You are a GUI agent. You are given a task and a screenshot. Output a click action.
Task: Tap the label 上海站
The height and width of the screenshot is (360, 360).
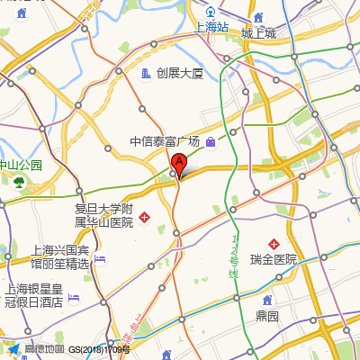[x=212, y=27]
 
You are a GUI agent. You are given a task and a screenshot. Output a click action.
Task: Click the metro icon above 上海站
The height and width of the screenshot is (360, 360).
[x=211, y=12]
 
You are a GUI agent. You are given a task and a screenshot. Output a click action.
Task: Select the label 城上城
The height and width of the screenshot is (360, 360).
[x=258, y=33]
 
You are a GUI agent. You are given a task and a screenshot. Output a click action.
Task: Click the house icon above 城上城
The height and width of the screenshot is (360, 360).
[x=258, y=18]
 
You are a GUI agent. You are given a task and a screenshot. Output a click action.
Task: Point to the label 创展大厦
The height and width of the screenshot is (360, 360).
[x=180, y=73]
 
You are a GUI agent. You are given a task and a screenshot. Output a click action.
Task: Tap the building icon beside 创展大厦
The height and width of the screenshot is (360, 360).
[x=146, y=73]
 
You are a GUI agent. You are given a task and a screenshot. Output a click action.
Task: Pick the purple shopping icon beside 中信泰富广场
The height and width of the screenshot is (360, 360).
[x=211, y=141]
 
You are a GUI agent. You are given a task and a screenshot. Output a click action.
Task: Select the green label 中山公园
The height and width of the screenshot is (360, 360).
[x=21, y=166]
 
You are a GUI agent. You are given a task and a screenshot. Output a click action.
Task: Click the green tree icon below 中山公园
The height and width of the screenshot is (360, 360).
[x=19, y=182]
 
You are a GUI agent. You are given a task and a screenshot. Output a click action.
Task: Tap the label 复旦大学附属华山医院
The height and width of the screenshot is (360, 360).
[x=103, y=215]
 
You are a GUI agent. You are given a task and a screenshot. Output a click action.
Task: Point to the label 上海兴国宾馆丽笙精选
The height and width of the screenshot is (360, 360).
[x=60, y=256]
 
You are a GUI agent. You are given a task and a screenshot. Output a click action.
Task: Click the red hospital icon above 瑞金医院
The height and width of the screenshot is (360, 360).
[x=274, y=243]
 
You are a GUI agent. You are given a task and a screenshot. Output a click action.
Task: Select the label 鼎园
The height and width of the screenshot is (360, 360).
[x=266, y=316]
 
